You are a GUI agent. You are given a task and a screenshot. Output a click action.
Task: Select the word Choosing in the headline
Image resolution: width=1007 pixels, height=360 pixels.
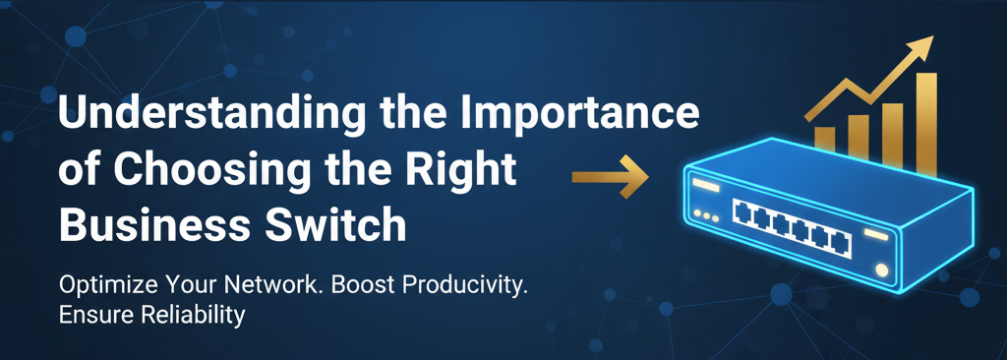212,171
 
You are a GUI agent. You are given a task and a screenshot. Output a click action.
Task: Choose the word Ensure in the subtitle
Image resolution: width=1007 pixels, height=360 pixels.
92,317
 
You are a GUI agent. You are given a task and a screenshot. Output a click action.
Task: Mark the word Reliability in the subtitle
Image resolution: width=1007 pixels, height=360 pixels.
195,317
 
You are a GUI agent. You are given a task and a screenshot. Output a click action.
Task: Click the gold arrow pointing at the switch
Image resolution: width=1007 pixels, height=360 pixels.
610,177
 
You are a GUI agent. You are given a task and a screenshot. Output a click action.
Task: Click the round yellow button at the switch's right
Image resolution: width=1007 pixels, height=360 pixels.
882,270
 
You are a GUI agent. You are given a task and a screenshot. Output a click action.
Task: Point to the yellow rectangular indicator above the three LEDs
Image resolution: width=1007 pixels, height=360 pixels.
706,187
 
